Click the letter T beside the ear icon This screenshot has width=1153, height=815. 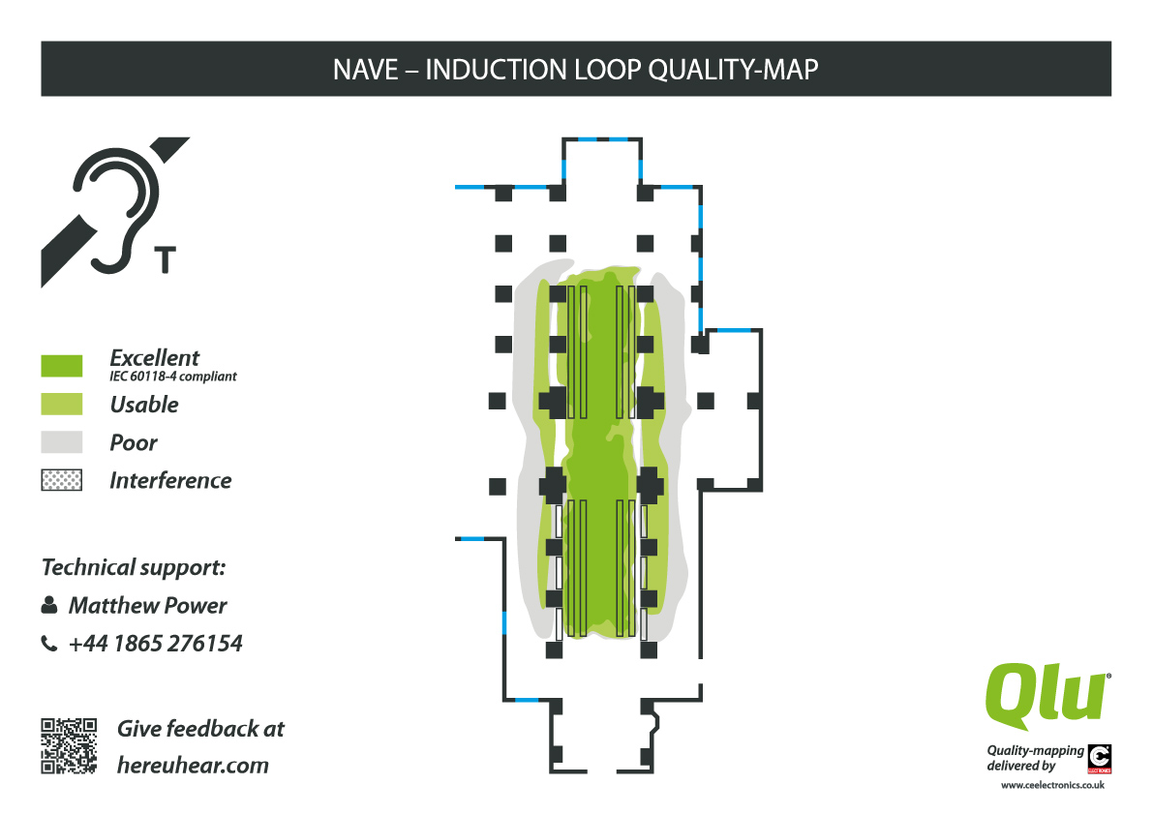(x=166, y=259)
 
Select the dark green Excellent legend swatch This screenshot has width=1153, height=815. (x=62, y=366)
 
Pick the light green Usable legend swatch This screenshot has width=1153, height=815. (x=62, y=404)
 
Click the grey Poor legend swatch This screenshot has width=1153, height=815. (x=62, y=442)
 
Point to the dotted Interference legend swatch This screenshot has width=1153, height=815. (x=62, y=480)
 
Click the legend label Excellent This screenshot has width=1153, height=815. (x=155, y=357)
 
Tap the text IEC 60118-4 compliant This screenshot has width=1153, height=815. (x=173, y=377)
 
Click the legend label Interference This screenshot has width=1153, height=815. (x=170, y=480)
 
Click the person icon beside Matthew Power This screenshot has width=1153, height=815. (x=49, y=606)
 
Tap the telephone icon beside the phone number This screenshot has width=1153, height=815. (x=49, y=644)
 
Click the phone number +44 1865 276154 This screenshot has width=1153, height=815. (x=155, y=644)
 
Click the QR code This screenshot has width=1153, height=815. (x=69, y=745)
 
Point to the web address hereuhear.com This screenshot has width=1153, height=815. (x=193, y=765)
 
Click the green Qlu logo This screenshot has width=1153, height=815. (x=1047, y=696)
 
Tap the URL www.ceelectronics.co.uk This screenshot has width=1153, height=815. (x=1052, y=785)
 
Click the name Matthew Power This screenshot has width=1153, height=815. (x=147, y=606)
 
